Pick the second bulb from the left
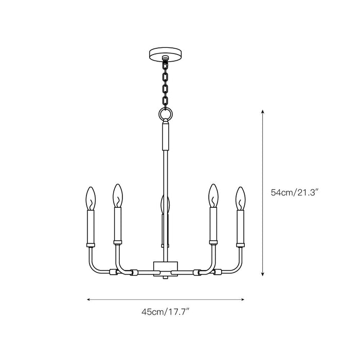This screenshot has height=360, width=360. pos(117,195)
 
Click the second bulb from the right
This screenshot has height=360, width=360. pos(212,195)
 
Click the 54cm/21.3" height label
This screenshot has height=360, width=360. pos(296,193)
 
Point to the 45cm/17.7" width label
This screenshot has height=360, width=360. pos(166,312)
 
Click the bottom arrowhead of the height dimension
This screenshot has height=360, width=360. pos(263,275)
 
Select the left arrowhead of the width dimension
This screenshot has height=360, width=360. pos(89,298)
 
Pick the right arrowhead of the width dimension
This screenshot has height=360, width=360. pos(242,298)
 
